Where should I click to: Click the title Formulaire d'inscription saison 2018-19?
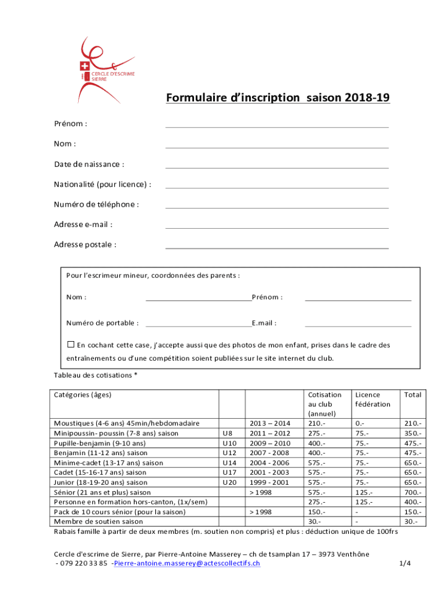[277, 98]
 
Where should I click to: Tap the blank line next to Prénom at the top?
[277, 124]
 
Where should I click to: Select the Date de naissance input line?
[277, 164]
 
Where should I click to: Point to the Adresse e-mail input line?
[277, 225]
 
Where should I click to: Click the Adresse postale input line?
[277, 245]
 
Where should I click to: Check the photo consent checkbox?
[71, 345]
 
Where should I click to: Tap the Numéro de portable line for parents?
[199, 323]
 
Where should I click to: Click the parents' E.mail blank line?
[358, 323]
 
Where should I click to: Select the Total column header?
[413, 394]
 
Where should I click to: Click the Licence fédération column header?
[372, 399]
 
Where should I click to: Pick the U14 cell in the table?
[230, 463]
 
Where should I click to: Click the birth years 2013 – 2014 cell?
[269, 423]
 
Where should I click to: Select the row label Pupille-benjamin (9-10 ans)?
[99, 443]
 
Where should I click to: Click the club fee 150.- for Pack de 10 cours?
[317, 512]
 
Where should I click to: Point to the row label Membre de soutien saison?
[98, 522]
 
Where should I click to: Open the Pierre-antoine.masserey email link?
[187, 563]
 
